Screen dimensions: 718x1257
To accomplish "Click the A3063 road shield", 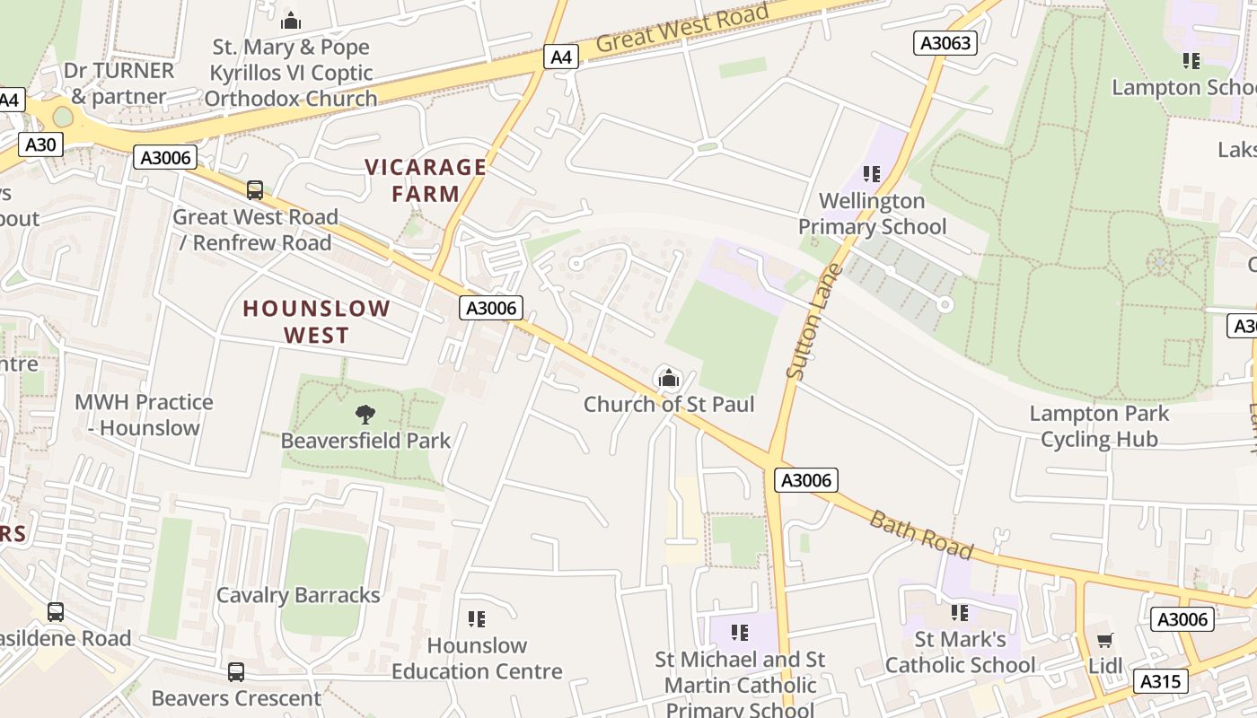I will (945, 42).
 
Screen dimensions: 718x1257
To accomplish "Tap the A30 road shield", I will (40, 144).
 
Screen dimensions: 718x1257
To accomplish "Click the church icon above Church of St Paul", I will (668, 379).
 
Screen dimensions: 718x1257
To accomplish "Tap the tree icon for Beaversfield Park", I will (365, 415).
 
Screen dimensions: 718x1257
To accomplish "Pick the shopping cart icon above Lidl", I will (1104, 640).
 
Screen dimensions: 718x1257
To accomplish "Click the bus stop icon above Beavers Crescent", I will (236, 672).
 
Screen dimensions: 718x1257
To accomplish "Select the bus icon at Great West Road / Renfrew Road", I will (255, 190).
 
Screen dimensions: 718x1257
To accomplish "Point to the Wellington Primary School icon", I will (871, 174).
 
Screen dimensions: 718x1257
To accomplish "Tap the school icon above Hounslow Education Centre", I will (477, 619).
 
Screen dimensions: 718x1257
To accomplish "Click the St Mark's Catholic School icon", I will (960, 613).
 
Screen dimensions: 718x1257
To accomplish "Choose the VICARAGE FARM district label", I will (426, 180).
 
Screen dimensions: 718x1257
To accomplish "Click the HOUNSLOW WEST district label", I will (317, 322).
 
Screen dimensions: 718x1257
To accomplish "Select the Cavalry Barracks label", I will (298, 595).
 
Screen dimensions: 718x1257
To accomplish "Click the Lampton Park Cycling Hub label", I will (1099, 426).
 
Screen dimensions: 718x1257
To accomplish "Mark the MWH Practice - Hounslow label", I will (144, 415).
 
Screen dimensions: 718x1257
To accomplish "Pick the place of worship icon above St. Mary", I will (291, 21).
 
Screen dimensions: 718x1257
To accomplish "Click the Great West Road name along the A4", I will (682, 29).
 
